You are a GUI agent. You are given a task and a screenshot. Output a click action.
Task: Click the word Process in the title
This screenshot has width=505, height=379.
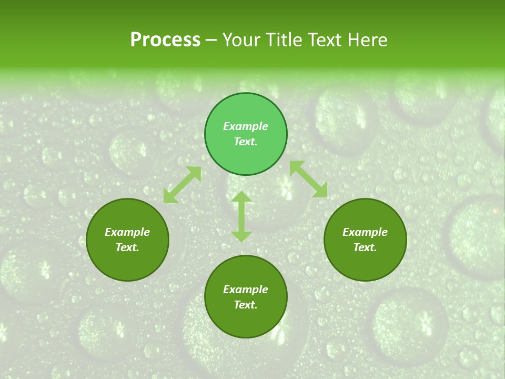coord(165,40)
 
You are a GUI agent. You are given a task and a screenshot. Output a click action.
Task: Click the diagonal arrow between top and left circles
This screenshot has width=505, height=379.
coord(182,185)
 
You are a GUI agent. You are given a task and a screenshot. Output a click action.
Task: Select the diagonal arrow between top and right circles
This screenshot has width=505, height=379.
coord(308,179)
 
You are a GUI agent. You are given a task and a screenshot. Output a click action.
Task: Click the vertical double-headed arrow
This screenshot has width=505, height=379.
coord(241,216)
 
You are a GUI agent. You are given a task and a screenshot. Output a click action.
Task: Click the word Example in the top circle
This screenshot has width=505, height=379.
coord(246,126)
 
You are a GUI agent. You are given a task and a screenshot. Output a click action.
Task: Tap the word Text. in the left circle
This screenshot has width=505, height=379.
coord(127,247)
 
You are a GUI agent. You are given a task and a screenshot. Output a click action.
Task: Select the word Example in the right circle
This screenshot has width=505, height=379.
coord(365,232)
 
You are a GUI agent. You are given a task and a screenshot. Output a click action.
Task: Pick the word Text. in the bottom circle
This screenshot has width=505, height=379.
coord(246,305)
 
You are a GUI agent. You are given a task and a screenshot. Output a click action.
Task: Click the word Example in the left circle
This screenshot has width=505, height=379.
coord(127,232)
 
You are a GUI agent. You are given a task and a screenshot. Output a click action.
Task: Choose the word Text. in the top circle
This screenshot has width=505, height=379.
coord(246,142)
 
